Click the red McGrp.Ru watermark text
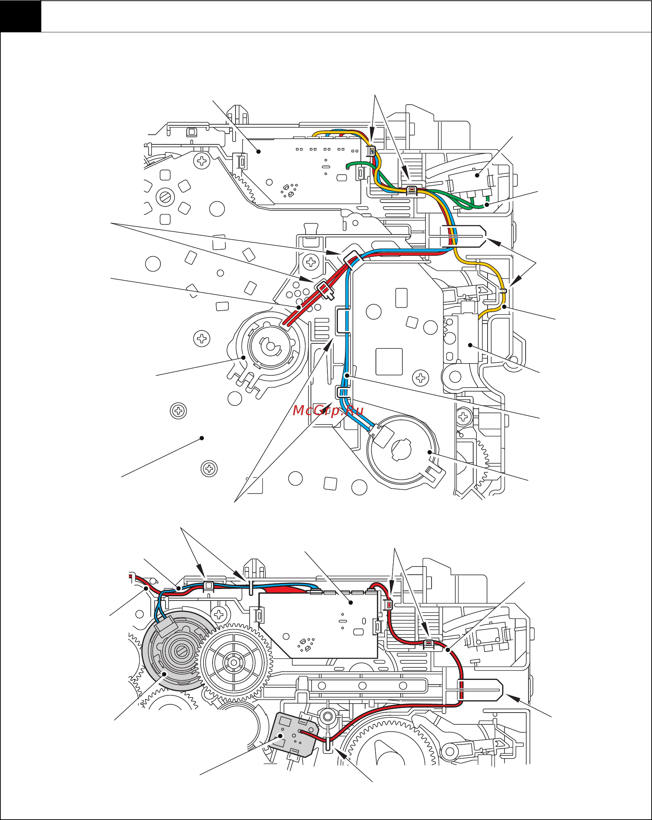click(x=328, y=411)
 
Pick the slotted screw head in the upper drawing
click(x=166, y=197)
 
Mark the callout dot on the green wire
click(x=486, y=205)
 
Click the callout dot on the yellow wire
click(x=504, y=306)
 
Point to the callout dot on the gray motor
click(x=165, y=674)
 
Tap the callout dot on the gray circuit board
click(x=281, y=736)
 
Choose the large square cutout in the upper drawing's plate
click(x=389, y=361)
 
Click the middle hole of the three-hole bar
click(x=362, y=686)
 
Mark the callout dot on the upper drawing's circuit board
click(x=259, y=151)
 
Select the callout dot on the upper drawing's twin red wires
click(x=299, y=307)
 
